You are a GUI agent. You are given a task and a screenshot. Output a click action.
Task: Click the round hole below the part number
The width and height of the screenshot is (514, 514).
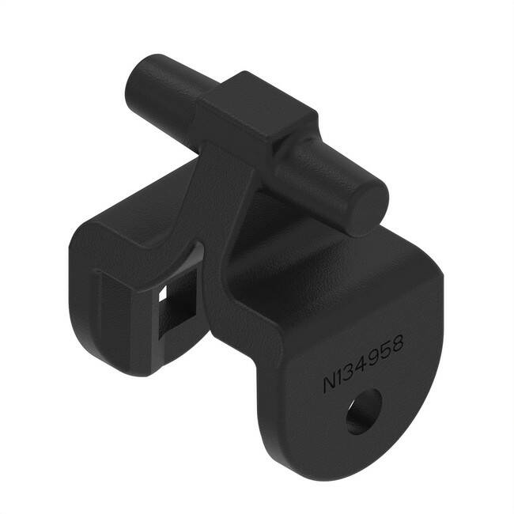365,411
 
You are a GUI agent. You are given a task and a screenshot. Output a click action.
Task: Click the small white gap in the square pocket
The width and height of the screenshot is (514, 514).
163,293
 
